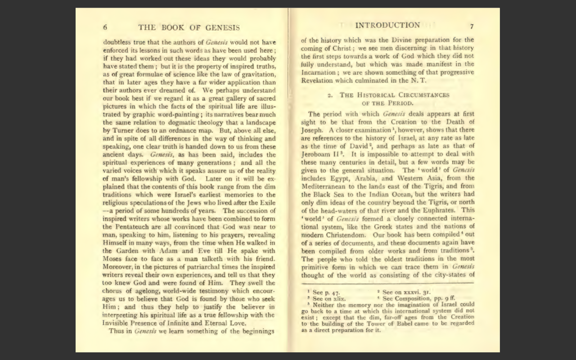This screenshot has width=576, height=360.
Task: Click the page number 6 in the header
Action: point(105,27)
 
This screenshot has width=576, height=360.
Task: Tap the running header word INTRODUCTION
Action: point(387,25)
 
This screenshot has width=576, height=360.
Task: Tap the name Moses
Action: point(112,259)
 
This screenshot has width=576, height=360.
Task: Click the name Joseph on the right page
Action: point(312,130)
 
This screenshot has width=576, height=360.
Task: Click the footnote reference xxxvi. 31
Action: point(402,292)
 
